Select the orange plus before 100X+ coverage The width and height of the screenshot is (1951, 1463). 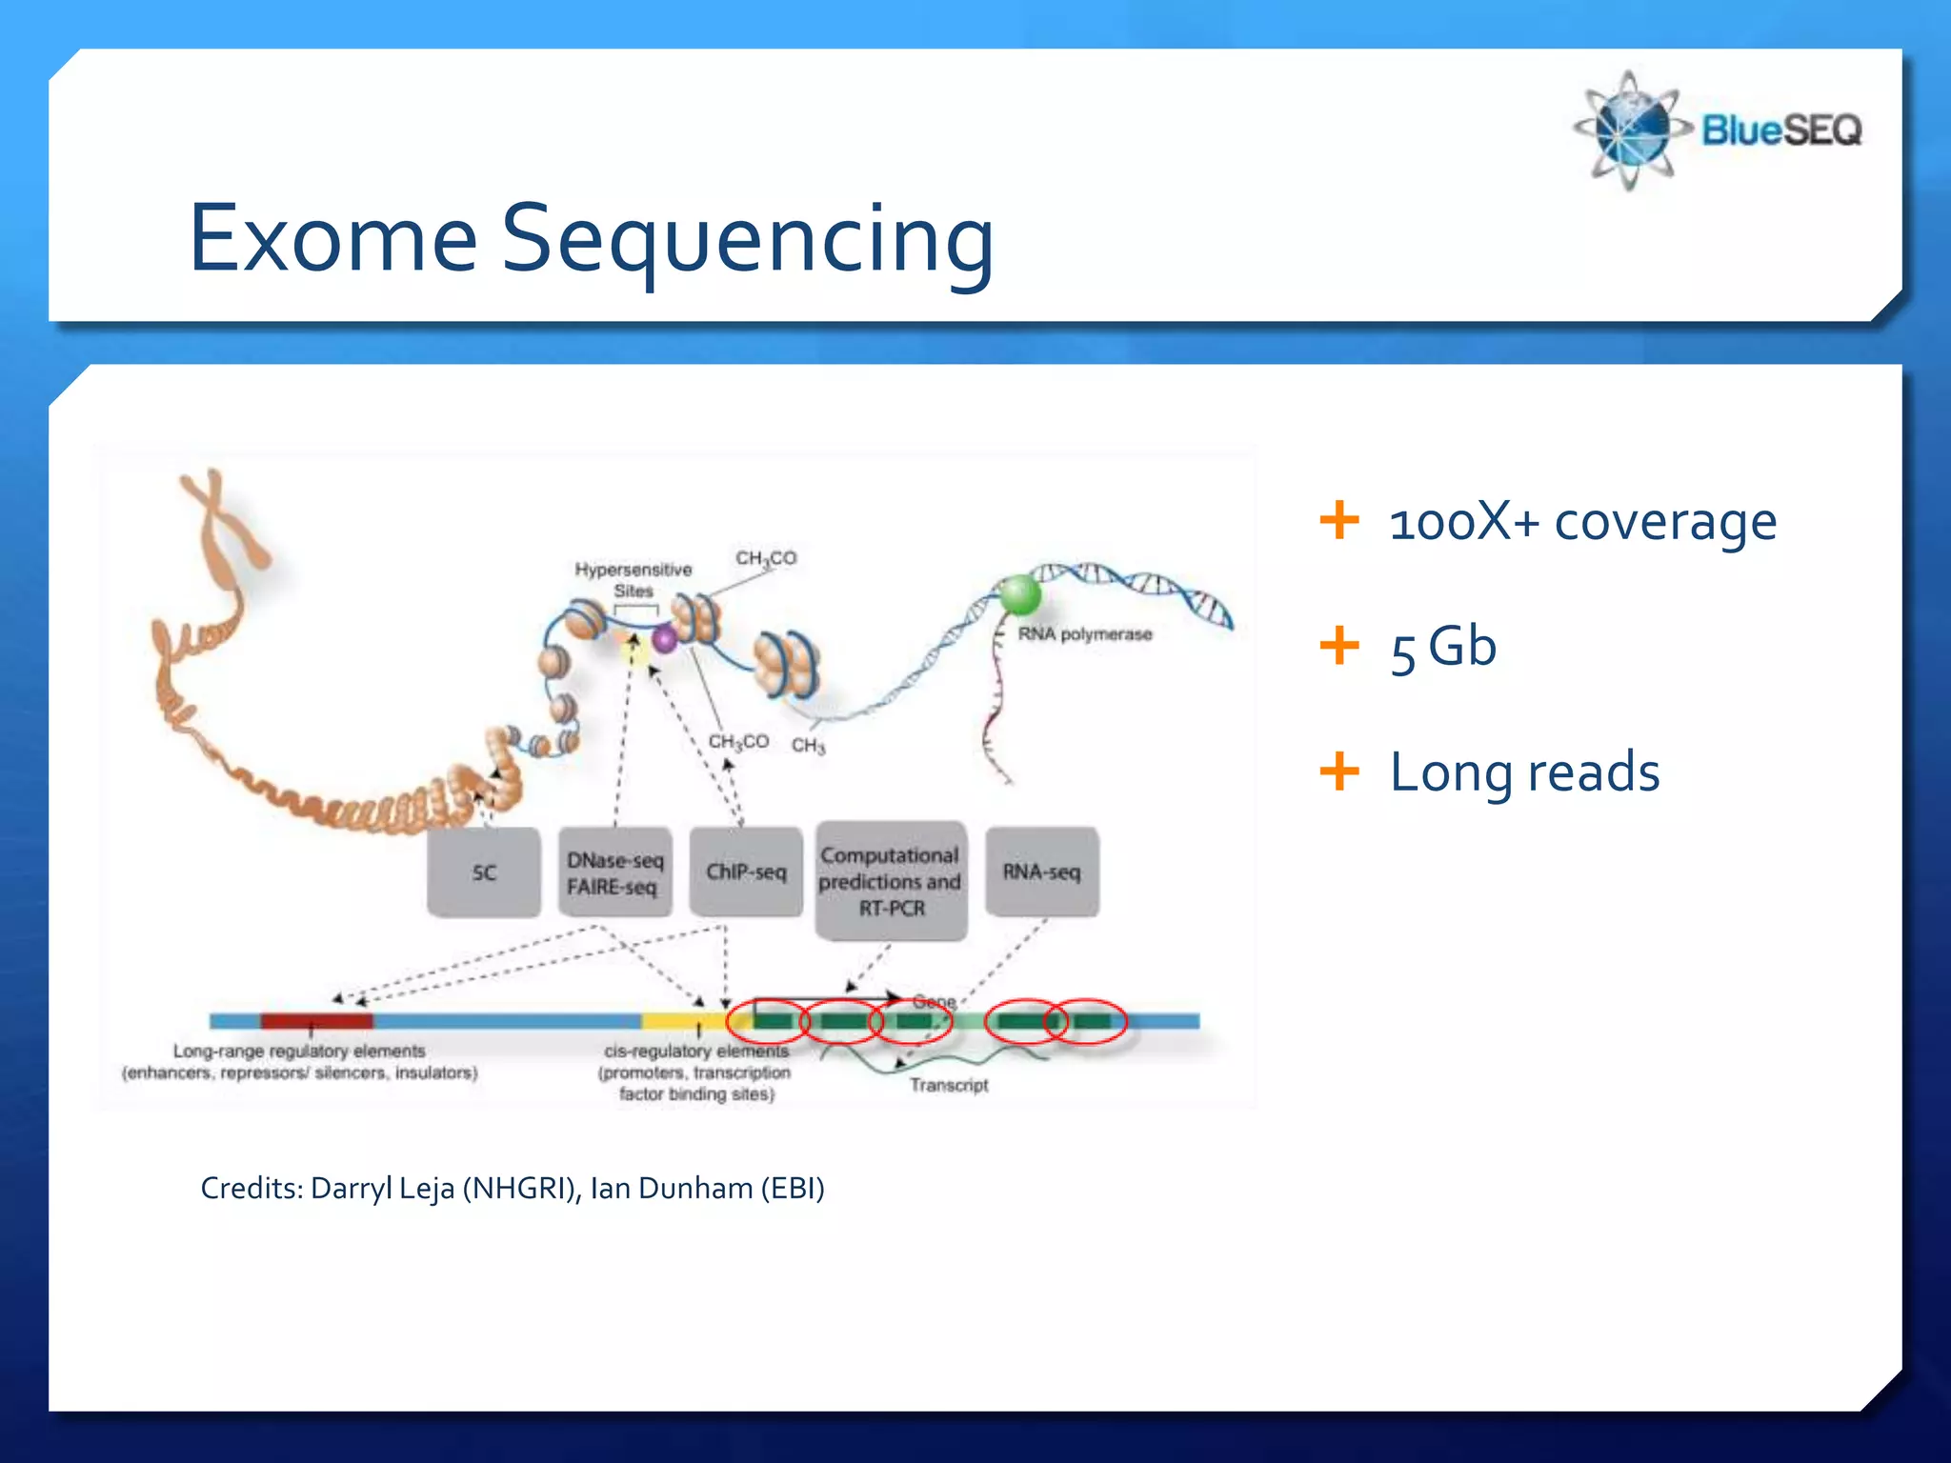(1339, 520)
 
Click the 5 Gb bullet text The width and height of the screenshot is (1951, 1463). (1442, 648)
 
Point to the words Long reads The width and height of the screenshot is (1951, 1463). (1524, 772)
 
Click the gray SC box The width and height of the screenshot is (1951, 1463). (484, 872)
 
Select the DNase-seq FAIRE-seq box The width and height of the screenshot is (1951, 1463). (614, 872)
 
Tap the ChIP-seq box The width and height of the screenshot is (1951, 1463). (746, 872)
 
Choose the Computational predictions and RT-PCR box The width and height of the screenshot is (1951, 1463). (891, 881)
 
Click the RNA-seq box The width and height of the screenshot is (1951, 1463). (1041, 872)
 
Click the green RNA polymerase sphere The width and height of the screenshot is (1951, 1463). (1019, 595)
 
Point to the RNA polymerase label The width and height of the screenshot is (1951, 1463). (1084, 634)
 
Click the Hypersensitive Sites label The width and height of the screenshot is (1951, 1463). (634, 579)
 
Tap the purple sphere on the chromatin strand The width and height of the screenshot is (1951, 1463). (664, 639)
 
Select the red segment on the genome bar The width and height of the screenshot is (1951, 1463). (316, 1021)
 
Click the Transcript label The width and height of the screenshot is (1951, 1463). (948, 1085)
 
